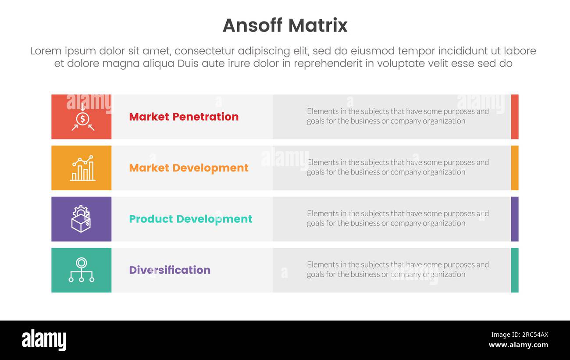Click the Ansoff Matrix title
(285, 25)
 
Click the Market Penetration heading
(184, 117)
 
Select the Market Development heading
(189, 168)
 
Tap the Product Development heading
(190, 219)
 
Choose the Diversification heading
(169, 270)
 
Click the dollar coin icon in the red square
(82, 118)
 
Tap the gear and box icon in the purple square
(81, 219)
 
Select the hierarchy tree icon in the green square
(81, 270)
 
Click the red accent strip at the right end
(514, 117)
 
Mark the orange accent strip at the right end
(514, 168)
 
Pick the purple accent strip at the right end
(514, 219)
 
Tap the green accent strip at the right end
(514, 270)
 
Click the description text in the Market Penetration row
(397, 116)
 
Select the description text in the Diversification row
(397, 270)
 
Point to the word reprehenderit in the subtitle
(328, 64)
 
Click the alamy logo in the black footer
(44, 340)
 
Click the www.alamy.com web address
(518, 345)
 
